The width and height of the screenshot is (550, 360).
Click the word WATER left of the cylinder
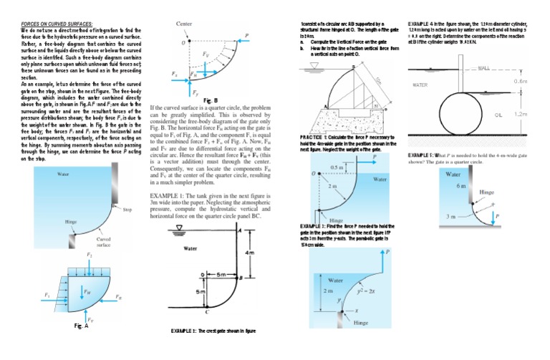tap(420, 85)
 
